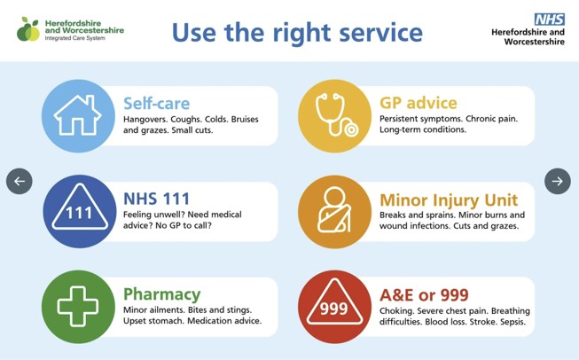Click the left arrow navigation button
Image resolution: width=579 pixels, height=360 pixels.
click(19, 181)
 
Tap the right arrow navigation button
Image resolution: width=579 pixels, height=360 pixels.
click(557, 181)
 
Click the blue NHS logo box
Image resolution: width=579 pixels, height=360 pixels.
click(549, 19)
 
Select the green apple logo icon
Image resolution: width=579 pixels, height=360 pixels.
click(28, 29)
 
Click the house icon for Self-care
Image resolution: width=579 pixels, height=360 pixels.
click(78, 116)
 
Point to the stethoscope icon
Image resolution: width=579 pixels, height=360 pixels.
click(334, 116)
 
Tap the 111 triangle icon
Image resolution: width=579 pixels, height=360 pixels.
click(79, 211)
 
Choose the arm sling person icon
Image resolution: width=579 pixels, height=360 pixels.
click(334, 211)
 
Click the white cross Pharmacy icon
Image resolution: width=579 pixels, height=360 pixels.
click(78, 307)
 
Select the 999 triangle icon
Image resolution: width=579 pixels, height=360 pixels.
click(334, 307)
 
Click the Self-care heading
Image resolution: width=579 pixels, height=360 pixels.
click(156, 104)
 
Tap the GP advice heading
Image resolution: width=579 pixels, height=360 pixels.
click(418, 104)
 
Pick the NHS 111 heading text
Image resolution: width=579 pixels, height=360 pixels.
click(157, 199)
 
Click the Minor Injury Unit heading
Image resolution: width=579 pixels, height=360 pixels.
click(449, 200)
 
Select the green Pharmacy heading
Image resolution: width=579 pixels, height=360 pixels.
click(161, 294)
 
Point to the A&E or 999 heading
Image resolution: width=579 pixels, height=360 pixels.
click(424, 294)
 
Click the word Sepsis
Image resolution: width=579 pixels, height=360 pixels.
click(512, 322)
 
